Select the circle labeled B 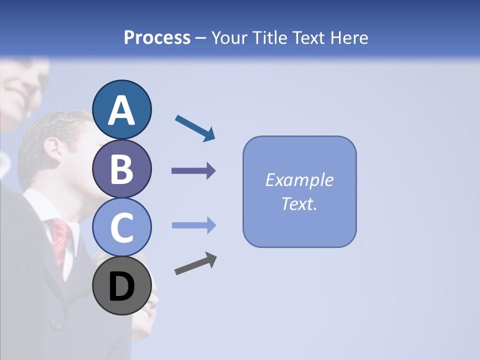coord(122,168)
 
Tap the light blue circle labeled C coord(122,227)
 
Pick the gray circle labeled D coord(122,286)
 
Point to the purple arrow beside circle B coord(193,171)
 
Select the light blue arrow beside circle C coord(193,225)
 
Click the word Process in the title coord(157,37)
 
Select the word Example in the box coord(299,180)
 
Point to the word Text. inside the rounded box coord(299,203)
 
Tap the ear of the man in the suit coord(53,147)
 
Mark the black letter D coord(122,287)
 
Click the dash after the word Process coord(201,38)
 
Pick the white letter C coord(122,228)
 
